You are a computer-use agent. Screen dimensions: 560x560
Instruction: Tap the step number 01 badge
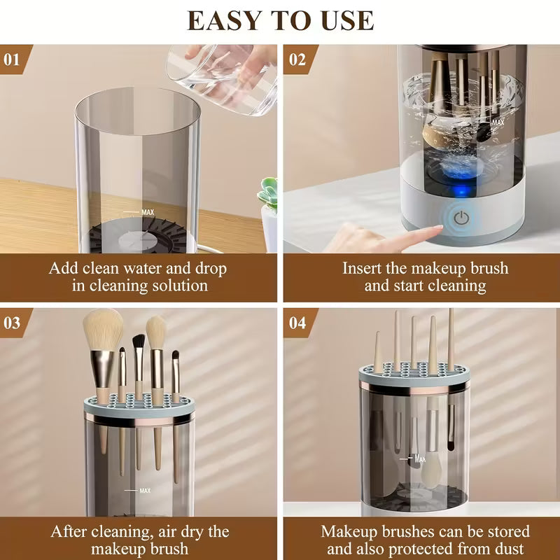click(x=13, y=59)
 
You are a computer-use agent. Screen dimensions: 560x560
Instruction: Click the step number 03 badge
click(x=13, y=323)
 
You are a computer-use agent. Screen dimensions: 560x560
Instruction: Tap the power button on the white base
click(x=460, y=218)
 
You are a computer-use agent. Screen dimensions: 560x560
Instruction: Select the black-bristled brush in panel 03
click(x=139, y=344)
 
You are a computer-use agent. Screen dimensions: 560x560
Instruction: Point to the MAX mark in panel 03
click(x=144, y=491)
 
